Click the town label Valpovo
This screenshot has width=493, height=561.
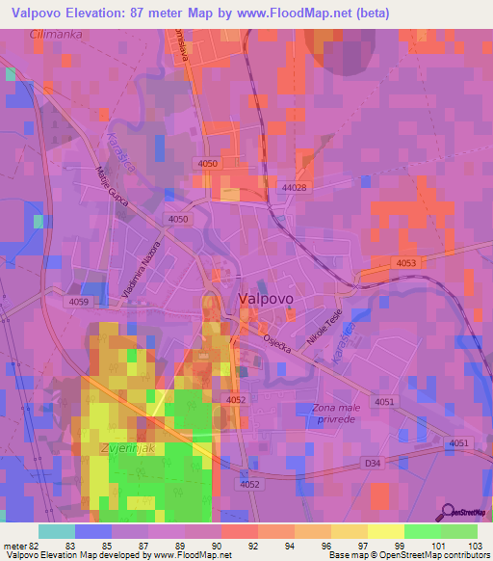pyautogui.click(x=266, y=299)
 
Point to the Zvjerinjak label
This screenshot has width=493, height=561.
pyautogui.click(x=128, y=449)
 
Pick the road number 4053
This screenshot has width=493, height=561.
pyautogui.click(x=406, y=263)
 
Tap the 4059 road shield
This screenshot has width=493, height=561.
pyautogui.click(x=79, y=303)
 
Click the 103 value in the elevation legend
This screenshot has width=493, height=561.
pyautogui.click(x=474, y=547)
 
